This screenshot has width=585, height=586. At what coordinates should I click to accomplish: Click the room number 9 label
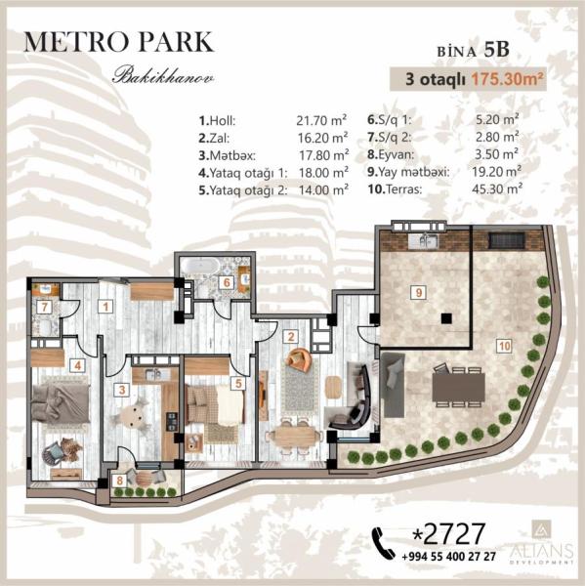(x=418, y=292)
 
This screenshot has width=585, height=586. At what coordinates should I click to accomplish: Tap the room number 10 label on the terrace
(x=504, y=346)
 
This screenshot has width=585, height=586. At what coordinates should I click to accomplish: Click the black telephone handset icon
(x=383, y=543)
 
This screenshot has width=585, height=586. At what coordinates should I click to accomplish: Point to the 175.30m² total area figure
(x=507, y=79)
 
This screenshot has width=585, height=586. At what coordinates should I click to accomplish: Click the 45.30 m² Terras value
(x=497, y=188)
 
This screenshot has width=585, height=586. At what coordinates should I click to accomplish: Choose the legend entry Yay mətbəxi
(x=408, y=172)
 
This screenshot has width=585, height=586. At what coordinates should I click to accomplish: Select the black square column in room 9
(x=446, y=318)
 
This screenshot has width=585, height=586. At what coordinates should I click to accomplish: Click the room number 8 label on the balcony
(x=119, y=481)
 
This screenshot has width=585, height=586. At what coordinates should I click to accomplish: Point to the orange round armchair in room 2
(x=298, y=359)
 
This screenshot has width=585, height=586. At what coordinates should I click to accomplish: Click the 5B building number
(x=497, y=50)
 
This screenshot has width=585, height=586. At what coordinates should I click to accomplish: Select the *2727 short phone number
(x=448, y=533)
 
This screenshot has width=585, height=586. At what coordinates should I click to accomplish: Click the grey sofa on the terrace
(x=393, y=385)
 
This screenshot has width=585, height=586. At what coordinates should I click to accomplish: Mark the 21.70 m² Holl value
(x=321, y=120)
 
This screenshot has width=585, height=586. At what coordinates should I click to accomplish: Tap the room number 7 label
(x=45, y=308)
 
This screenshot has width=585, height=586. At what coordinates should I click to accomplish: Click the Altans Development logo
(x=542, y=543)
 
